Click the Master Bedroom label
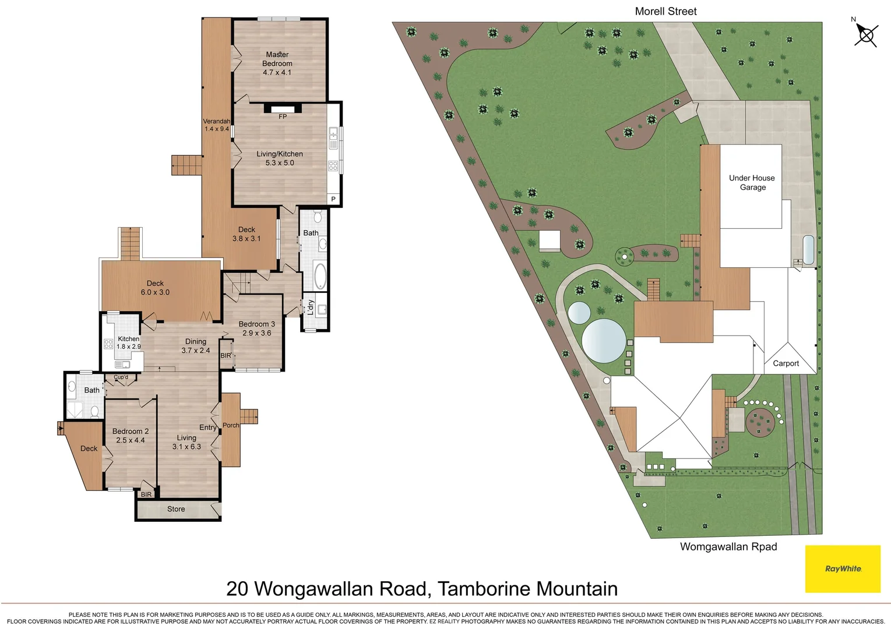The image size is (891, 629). point(277,63)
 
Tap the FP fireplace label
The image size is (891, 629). point(283,116)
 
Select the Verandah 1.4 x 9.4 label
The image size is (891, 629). point(216,125)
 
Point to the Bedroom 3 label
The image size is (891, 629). point(256,328)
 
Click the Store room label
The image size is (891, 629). point(176,509)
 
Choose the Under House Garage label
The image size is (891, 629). point(752,182)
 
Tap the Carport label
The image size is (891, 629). point(786,363)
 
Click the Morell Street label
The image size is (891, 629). point(665,11)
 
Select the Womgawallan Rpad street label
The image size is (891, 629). point(728,546)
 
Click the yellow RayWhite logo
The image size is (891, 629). point(843,568)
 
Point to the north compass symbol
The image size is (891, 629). point(865,35)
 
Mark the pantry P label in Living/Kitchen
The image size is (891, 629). point(333,199)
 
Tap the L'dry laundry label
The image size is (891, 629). point(311,307)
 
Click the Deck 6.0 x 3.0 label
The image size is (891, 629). point(155,288)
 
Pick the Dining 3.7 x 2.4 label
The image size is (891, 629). point(195,346)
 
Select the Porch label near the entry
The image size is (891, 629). point(231,425)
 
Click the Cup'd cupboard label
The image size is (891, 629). point(121,377)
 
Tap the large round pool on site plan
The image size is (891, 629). point(604,340)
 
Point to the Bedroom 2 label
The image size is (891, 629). point(131,436)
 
